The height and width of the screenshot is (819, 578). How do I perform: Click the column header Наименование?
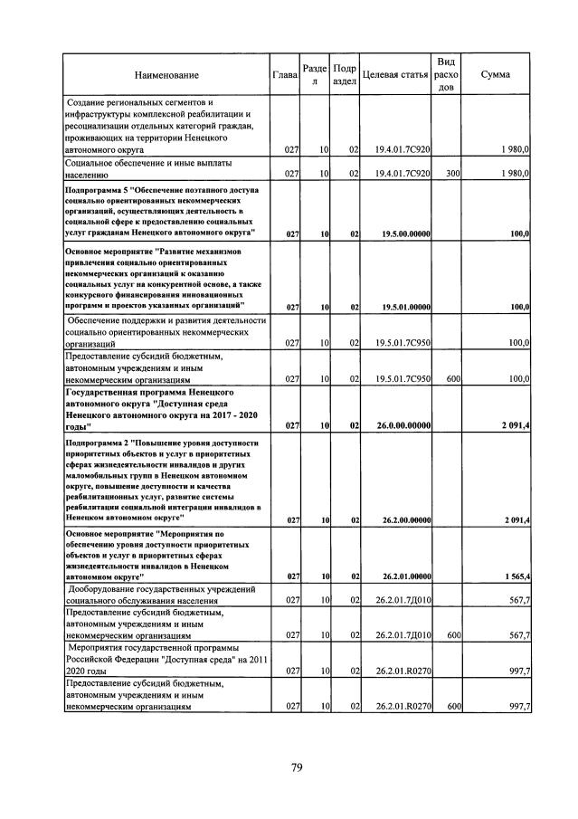[x=166, y=75]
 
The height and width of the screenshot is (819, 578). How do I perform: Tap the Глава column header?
[x=285, y=75]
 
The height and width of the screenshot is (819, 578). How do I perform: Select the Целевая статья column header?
[x=394, y=75]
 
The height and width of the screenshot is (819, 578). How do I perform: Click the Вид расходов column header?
[x=446, y=75]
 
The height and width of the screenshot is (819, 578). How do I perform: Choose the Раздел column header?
[x=316, y=75]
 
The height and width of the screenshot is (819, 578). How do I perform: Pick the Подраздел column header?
[x=345, y=75]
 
